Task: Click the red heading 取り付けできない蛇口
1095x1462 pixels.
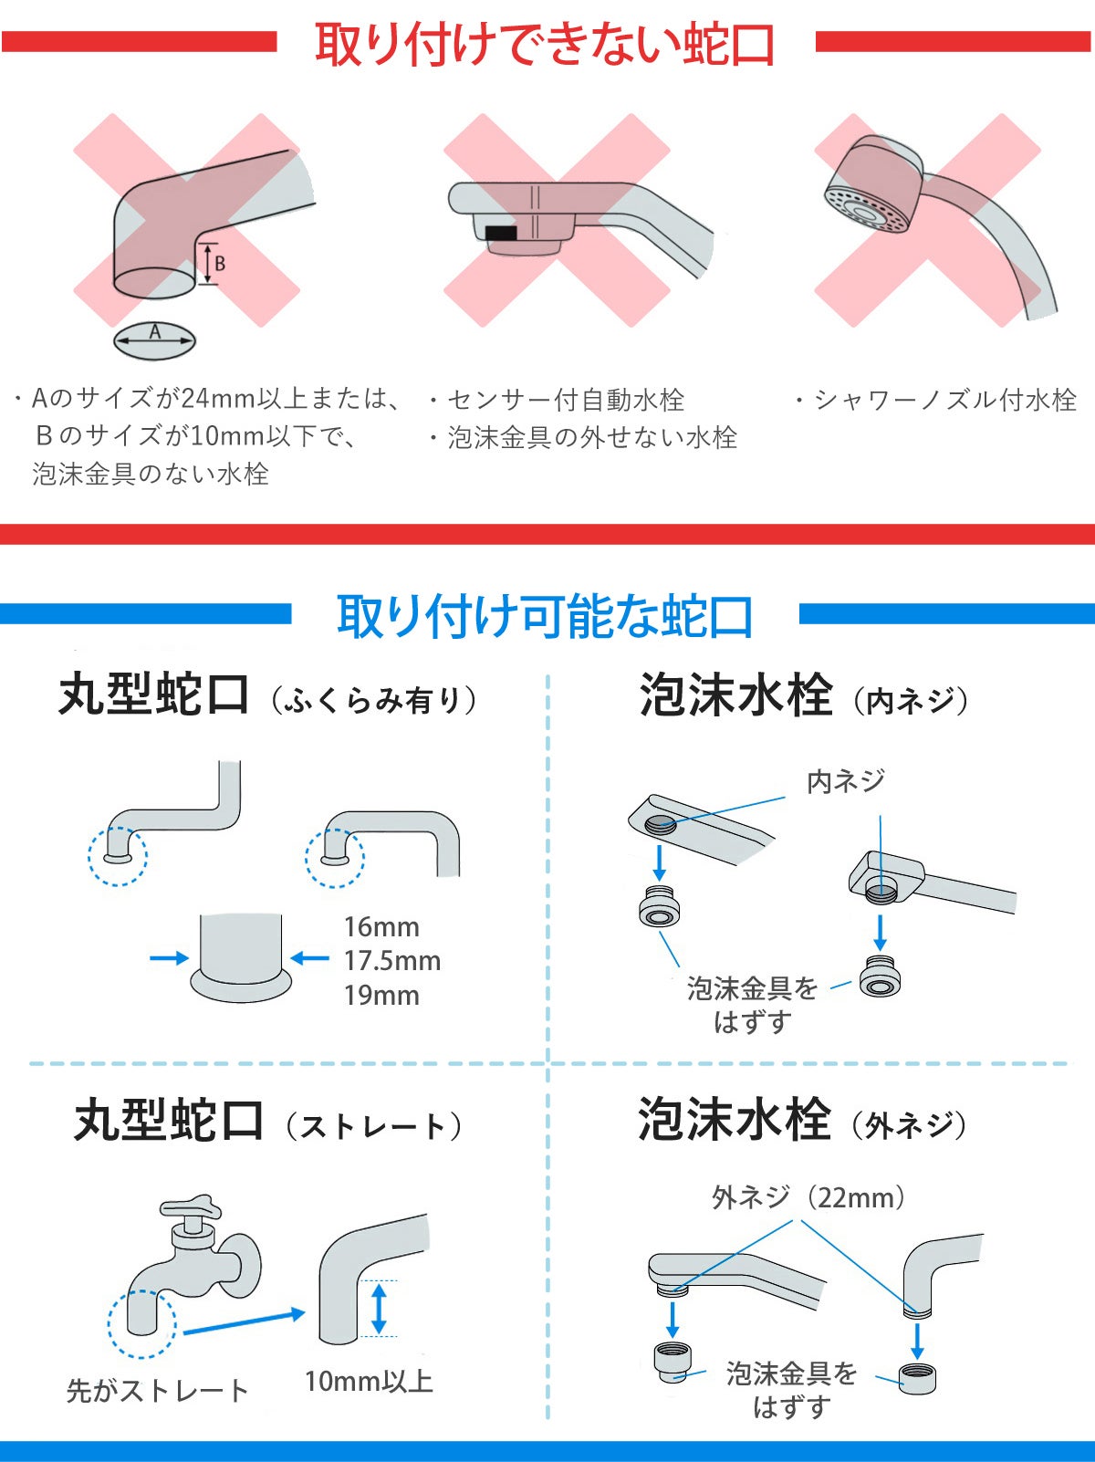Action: [x=545, y=44]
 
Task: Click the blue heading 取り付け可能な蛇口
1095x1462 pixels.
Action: [x=545, y=616]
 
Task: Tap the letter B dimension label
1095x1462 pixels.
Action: [x=220, y=265]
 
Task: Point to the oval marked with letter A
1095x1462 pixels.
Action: [x=155, y=341]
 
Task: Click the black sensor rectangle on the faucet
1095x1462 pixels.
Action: [x=501, y=233]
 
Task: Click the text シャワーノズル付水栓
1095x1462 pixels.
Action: [x=945, y=400]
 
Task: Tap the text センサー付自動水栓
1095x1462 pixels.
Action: [x=565, y=400]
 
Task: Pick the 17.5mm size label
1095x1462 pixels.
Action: [x=392, y=961]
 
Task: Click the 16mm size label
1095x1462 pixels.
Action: [x=381, y=927]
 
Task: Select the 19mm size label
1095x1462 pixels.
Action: [x=381, y=996]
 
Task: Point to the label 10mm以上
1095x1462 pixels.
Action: [x=369, y=1381]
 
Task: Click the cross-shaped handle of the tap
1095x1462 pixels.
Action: [x=191, y=1209]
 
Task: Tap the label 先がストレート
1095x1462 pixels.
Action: [x=157, y=1391]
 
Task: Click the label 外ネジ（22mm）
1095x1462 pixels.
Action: [x=808, y=1197]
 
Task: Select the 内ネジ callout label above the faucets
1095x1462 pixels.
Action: [x=845, y=781]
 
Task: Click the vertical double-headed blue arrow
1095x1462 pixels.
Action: [x=379, y=1309]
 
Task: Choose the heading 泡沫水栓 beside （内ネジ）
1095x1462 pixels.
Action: [x=735, y=694]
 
